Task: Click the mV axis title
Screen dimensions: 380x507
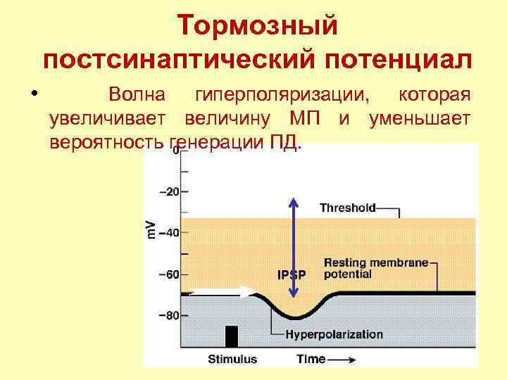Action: pyautogui.click(x=151, y=229)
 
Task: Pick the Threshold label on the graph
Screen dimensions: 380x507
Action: pyautogui.click(x=348, y=208)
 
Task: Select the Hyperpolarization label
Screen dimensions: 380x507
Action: pyautogui.click(x=334, y=334)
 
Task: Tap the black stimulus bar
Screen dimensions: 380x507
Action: pyautogui.click(x=231, y=336)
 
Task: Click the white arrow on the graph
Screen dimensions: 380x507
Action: pyautogui.click(x=225, y=291)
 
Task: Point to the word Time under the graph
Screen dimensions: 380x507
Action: pyautogui.click(x=311, y=359)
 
